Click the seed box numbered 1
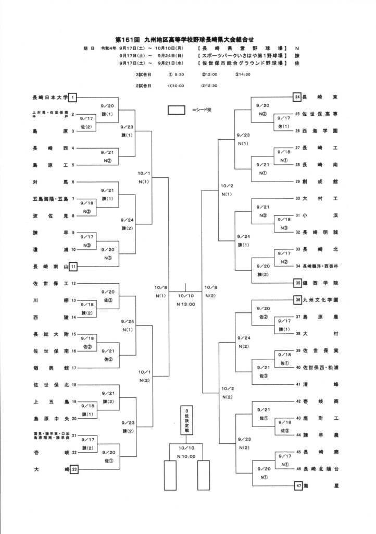click(74, 97)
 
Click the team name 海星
click(321, 486)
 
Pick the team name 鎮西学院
click(321, 282)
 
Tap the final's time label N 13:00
click(186, 304)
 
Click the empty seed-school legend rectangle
click(177, 110)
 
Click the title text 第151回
click(129, 39)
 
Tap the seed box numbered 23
click(74, 469)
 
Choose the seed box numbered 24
click(297, 97)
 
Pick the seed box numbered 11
click(74, 266)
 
